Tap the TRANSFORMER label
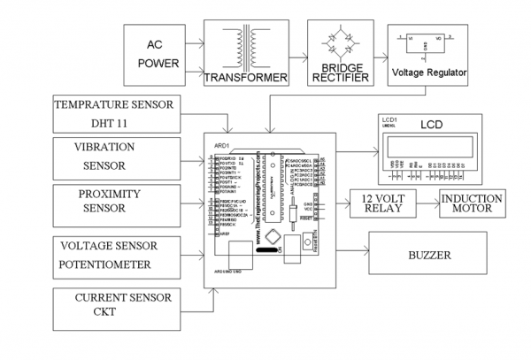(x=247, y=78)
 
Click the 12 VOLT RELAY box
(x=382, y=203)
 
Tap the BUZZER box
(x=430, y=257)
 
